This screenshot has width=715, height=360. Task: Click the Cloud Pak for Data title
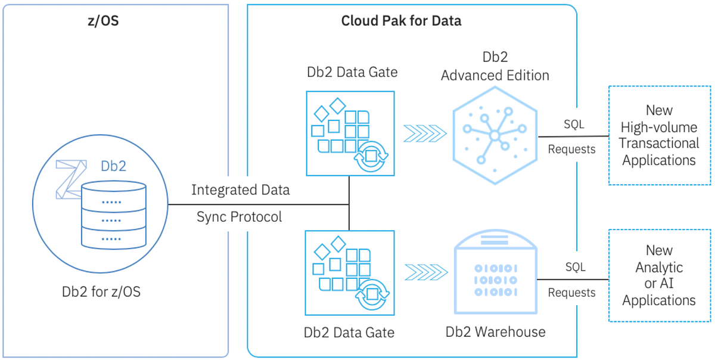click(401, 21)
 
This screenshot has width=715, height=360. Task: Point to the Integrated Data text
click(240, 190)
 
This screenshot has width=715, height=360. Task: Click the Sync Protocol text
click(240, 217)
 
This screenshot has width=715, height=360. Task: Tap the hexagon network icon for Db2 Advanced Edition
click(494, 135)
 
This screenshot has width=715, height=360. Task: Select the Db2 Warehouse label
click(496, 332)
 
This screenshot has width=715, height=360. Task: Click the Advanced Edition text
click(495, 76)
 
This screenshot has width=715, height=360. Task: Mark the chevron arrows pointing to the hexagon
click(424, 134)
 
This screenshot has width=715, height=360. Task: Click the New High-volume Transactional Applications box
click(659, 135)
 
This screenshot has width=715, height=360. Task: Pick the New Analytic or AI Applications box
click(659, 275)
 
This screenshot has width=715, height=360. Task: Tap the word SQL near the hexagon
click(574, 125)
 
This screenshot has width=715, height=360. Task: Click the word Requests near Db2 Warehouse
click(571, 293)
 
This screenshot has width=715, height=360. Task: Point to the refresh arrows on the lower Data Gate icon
click(371, 295)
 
